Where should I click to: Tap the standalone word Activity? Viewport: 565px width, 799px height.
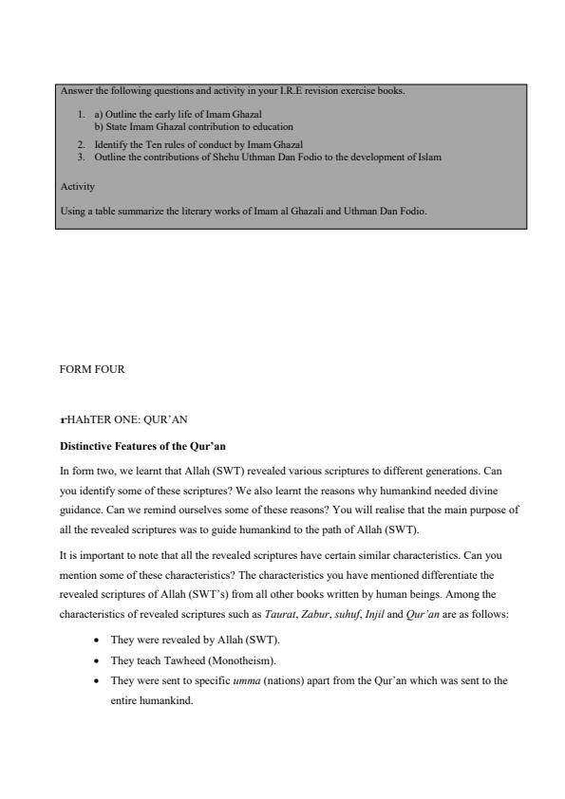click(x=77, y=187)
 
